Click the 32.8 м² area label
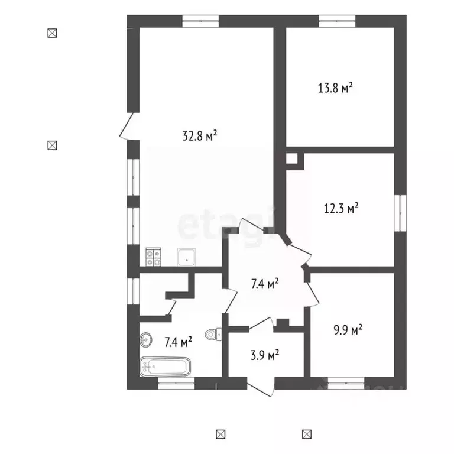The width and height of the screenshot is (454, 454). [x=199, y=135]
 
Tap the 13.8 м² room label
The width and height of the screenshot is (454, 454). [x=335, y=87]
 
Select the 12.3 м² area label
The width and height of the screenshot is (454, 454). [x=341, y=208]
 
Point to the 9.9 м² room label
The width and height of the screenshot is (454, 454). [x=348, y=329]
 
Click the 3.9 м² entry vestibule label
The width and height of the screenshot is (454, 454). [x=265, y=355]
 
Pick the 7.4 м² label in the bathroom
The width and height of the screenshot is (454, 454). [x=178, y=342]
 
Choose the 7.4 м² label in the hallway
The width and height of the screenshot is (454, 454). [x=265, y=284]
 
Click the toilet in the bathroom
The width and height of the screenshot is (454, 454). [x=213, y=335]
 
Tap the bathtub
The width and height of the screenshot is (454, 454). [x=166, y=367]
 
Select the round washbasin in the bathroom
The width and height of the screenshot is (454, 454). [x=145, y=339]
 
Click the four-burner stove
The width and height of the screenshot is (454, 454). [x=153, y=257]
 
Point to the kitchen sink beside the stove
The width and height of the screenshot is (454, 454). [x=186, y=257]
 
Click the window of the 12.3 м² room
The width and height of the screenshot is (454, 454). [x=400, y=213]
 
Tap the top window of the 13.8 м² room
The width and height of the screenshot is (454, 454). [x=337, y=21]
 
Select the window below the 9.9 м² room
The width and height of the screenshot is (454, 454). [x=346, y=383]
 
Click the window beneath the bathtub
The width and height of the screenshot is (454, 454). [x=176, y=383]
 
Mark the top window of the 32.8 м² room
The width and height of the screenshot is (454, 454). [x=200, y=21]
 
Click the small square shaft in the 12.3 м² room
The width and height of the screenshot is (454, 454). [x=292, y=158]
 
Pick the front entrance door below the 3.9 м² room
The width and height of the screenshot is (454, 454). [x=260, y=387]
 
